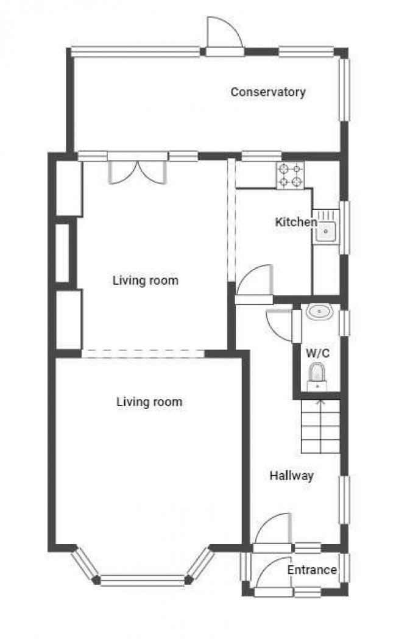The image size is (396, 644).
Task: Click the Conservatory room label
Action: pyautogui.click(x=267, y=92)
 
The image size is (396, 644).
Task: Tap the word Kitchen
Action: pyautogui.click(x=295, y=222)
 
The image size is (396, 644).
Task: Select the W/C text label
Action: pyautogui.click(x=317, y=353)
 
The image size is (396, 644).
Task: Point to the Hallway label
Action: pyautogui.click(x=291, y=476)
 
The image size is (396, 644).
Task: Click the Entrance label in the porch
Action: pyautogui.click(x=311, y=570)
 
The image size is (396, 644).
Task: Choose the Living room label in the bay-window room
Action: pyautogui.click(x=149, y=402)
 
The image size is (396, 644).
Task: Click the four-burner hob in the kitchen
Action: pyautogui.click(x=291, y=175)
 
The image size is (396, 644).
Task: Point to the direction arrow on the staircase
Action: pyautogui.click(x=320, y=402)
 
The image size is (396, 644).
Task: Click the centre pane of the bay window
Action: pyautogui.click(x=142, y=580)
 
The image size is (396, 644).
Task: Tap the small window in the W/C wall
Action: pyautogui.click(x=345, y=323)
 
